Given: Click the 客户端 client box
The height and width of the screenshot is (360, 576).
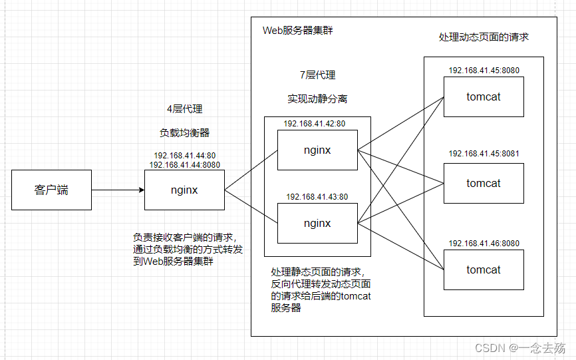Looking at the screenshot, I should coord(51,190).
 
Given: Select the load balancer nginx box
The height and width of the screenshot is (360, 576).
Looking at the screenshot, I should coord(184,190).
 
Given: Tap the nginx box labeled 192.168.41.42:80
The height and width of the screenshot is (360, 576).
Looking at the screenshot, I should coord(317,150).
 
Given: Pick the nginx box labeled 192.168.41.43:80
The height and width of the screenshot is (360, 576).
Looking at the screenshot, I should coord(317,223).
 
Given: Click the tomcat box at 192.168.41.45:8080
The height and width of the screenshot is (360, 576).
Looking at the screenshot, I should coord(484,97).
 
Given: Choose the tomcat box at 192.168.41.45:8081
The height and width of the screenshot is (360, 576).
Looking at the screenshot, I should coord(484,184).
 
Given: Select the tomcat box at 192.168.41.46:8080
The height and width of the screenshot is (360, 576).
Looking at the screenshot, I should coord(484,270).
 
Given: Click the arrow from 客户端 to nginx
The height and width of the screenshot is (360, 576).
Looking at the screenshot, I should coord(117,190).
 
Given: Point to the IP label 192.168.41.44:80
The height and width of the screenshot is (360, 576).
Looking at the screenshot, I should coord(185,156).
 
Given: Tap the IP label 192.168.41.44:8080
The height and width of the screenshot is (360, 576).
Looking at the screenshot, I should coord(185,164).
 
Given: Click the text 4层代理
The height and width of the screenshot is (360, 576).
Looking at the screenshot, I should coord(184,109).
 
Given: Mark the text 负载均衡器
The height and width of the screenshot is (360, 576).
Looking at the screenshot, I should coord(184,132).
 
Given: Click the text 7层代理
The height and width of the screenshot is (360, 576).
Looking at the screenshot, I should coord(317,75).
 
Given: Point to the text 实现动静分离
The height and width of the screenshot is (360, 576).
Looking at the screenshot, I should coord(317,98).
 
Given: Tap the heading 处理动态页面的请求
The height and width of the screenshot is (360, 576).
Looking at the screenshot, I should coord(484,37).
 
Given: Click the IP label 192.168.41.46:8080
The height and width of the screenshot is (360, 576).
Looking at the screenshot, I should coord(484,244).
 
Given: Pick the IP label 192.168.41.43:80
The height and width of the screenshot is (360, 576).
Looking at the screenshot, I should coord(317,197).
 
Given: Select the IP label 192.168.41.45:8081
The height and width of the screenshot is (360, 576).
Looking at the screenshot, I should coord(484,154).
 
